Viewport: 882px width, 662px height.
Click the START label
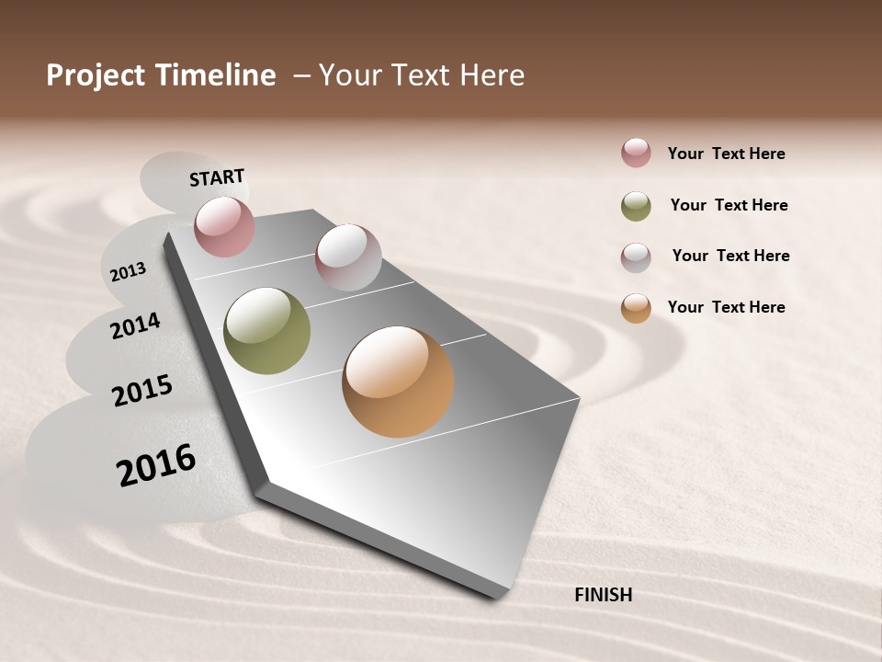coord(217,177)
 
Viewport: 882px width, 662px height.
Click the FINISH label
coord(603,595)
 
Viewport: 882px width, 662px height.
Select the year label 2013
coord(128,271)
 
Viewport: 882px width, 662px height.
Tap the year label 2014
coord(135,325)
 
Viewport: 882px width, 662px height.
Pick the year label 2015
coord(142,392)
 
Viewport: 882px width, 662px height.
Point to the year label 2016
coord(156,465)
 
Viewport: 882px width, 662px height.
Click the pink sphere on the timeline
coord(224,226)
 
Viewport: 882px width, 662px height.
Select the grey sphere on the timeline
coord(348,257)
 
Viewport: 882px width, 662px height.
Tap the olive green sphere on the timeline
coord(267,331)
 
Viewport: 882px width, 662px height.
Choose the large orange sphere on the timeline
coord(398,382)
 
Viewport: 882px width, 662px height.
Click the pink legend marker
coord(636,153)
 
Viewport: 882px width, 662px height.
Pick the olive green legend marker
coord(636,206)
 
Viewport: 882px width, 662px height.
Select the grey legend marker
coord(636,257)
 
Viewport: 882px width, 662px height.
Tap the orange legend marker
coord(636,308)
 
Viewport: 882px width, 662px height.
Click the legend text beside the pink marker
coord(726,154)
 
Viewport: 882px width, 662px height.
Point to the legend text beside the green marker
coord(729,205)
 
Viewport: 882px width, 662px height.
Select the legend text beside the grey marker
coord(730,256)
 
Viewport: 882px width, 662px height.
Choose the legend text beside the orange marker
coord(726,307)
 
